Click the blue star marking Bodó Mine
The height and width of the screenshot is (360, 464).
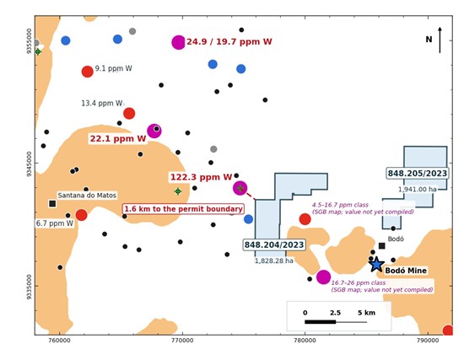pos(376,264)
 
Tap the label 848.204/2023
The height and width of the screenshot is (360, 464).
pos(274,245)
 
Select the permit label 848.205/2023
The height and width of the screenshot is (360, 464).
pos(418,174)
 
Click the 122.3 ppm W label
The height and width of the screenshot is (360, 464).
pos(202,177)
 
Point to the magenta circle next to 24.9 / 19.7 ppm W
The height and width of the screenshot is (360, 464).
pos(179,42)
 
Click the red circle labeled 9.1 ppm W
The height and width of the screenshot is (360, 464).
pos(87,72)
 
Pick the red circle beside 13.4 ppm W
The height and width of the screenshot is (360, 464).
pos(129,113)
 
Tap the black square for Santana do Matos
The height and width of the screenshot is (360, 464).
pos(52,203)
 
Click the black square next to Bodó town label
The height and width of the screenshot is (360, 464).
pos(382,246)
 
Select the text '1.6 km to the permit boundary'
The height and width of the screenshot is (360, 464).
pos(183,209)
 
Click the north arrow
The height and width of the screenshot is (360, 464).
pos(440,40)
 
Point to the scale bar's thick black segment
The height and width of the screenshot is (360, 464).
pos(321,322)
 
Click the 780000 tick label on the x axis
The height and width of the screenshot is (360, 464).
pos(305,341)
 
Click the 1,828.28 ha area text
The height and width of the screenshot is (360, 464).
pos(274,261)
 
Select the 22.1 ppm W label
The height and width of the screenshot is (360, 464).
pos(118,138)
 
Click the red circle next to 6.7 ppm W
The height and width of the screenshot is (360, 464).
pos(81,215)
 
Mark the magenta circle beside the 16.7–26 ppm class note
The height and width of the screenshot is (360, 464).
pos(323,277)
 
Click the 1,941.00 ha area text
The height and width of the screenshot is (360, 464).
pos(418,190)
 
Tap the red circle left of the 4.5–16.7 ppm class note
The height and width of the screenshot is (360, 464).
pos(305,219)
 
